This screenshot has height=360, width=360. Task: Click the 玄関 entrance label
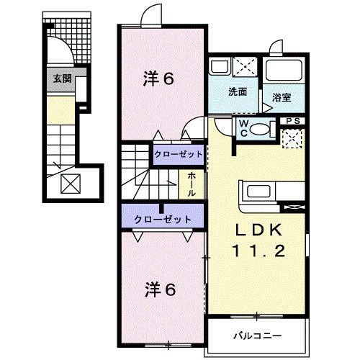point(59,78)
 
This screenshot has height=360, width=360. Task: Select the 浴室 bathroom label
point(282,96)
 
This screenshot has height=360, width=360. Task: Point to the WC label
point(244,127)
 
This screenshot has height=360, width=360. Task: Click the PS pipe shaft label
point(292,121)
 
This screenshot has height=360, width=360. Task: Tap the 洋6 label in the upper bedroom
point(159,78)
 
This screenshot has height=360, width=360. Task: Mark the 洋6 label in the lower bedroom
point(159,291)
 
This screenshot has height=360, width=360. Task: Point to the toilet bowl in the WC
point(262,130)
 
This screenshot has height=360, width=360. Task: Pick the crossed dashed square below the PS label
point(292,137)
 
